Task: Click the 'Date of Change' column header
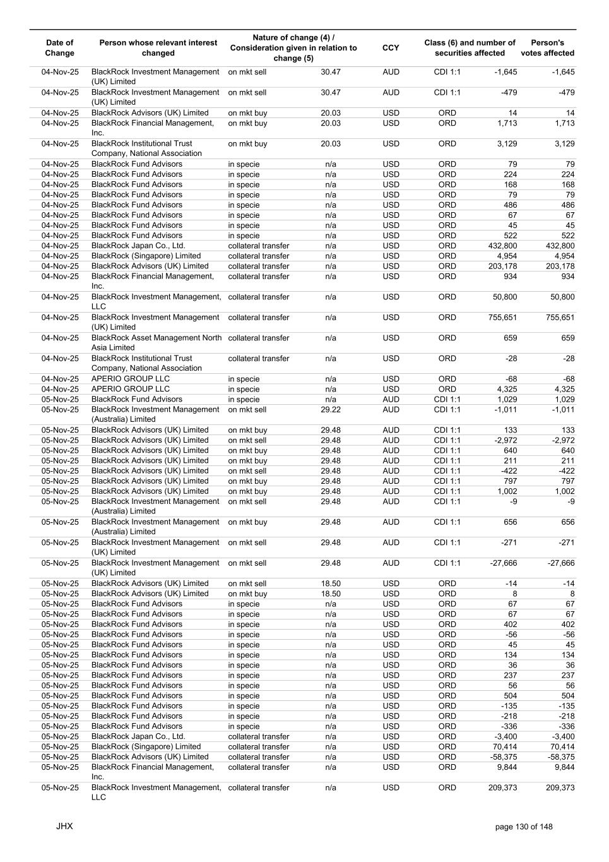point(60,48)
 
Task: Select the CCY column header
point(391,48)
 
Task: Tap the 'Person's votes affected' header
point(547,48)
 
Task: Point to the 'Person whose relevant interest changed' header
point(158,48)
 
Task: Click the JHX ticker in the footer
point(64,826)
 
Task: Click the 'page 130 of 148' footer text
point(524,827)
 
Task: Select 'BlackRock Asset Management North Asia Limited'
point(157,342)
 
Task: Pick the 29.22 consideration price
point(330,410)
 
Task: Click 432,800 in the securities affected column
point(502,246)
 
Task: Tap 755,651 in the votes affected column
point(560,318)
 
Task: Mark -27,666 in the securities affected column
point(503,563)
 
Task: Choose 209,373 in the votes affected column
point(560,788)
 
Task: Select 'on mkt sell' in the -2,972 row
point(247,440)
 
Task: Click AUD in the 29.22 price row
point(391,410)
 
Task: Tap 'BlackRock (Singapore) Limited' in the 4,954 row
point(146,256)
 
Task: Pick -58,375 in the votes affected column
point(560,757)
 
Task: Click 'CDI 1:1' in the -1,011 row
point(447,410)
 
